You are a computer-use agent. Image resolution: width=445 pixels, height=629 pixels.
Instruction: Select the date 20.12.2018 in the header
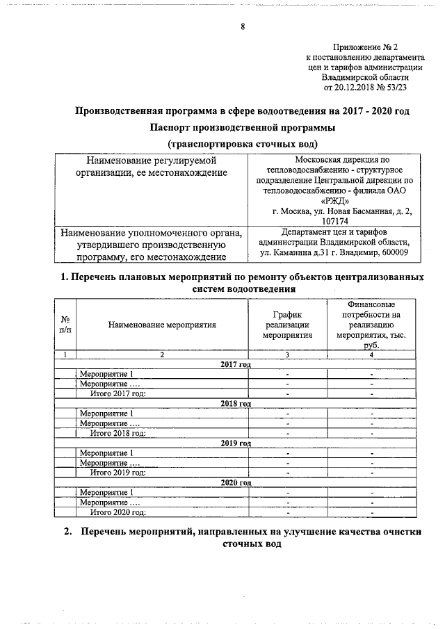357,88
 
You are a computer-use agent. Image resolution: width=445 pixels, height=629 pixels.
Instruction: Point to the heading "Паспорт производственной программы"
242,128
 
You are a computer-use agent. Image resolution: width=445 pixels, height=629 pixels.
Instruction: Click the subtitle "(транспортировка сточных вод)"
242,144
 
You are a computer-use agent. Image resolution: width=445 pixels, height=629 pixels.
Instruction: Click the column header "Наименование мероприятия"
162,325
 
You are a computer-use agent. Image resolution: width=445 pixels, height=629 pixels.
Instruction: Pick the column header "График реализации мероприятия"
287,325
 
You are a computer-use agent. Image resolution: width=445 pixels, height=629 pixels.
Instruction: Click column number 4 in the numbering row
371,355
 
